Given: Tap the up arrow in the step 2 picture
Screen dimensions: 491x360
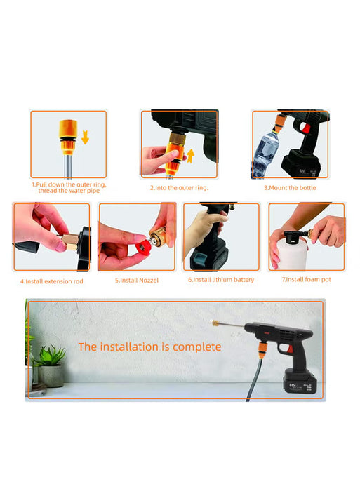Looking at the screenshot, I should pos(189,155).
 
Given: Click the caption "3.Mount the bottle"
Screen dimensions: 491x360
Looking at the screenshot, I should pos(290,187).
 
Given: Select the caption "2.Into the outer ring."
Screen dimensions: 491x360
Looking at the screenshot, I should pos(179,187).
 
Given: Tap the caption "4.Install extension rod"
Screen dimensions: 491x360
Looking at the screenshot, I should pos(51,281).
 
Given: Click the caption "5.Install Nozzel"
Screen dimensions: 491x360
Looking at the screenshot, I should pos(137,281).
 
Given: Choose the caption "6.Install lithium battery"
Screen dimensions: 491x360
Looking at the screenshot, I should pos(221,280).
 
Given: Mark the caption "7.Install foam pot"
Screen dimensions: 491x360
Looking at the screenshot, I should pos(307,280).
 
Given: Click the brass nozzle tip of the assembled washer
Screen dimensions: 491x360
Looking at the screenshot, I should pos(211,321).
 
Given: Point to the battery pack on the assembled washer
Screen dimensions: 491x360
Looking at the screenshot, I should pos(300,384).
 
